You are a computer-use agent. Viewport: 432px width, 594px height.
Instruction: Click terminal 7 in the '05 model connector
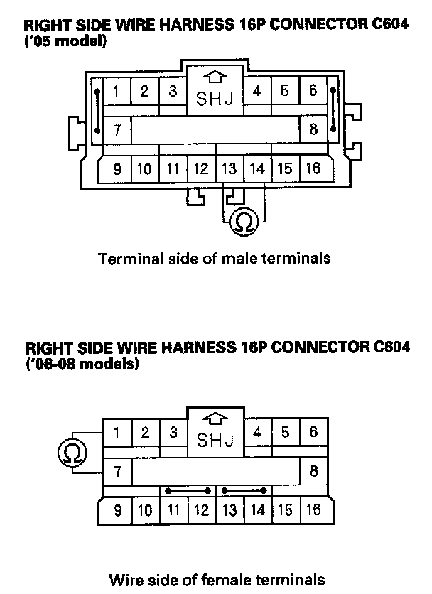[x=117, y=130]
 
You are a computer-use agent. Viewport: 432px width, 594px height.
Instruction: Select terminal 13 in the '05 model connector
[x=229, y=169]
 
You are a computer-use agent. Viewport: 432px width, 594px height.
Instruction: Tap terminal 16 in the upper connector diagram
[x=313, y=169]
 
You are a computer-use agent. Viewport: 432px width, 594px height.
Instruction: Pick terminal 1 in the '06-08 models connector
[x=117, y=432]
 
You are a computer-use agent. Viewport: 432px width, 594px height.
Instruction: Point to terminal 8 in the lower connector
[x=313, y=471]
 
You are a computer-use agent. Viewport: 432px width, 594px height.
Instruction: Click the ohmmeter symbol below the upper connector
[x=243, y=222]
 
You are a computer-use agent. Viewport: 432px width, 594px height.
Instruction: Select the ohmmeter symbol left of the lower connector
[x=74, y=451]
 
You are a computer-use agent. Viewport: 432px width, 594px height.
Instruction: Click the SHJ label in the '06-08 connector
[x=215, y=441]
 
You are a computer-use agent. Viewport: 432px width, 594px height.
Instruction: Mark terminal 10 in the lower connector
[x=144, y=510]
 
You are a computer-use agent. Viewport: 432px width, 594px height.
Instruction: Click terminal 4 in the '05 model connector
[x=256, y=91]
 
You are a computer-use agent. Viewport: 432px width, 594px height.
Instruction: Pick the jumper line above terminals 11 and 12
[x=188, y=490]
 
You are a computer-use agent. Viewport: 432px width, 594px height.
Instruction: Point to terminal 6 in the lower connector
[x=313, y=432]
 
